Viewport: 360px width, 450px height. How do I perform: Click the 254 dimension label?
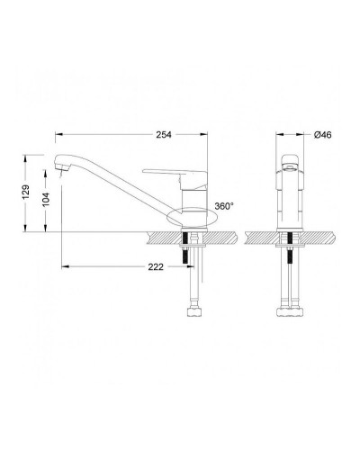tap(164, 135)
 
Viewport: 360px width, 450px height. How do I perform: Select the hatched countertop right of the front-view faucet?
tap(319, 238)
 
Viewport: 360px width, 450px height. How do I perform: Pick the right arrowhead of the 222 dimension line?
tap(206, 266)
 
